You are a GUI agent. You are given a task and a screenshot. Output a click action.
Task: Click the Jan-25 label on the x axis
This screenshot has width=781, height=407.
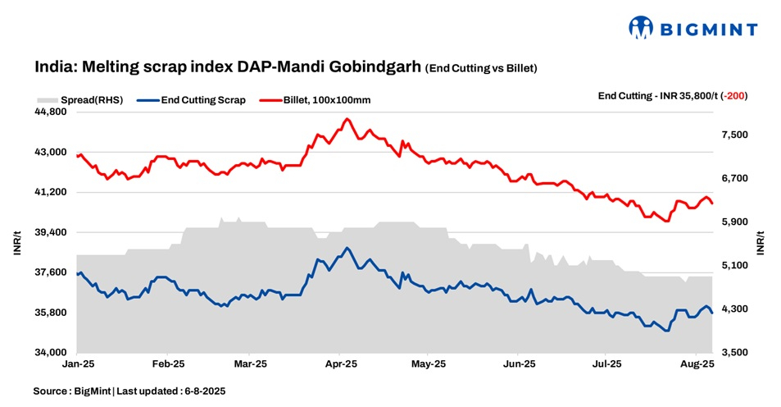[78, 363]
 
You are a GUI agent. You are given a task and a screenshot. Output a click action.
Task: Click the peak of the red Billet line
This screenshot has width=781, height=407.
[347, 119]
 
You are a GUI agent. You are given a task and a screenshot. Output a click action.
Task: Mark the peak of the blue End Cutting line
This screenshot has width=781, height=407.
[347, 248]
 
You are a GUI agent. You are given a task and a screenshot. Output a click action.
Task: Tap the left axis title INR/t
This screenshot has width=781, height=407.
[17, 244]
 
